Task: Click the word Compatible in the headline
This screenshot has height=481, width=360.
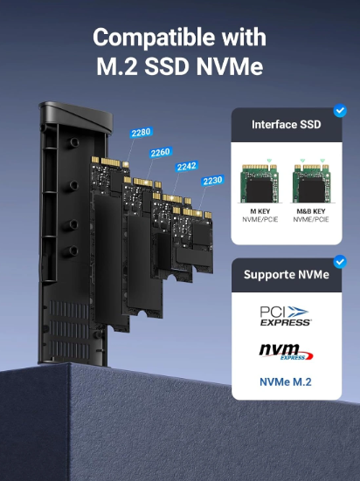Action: (x=154, y=38)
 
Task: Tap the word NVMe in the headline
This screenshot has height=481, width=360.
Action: (x=230, y=66)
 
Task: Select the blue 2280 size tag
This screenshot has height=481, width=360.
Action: (x=141, y=133)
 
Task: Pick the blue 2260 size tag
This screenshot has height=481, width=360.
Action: (x=161, y=152)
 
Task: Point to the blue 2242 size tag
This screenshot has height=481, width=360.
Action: (x=187, y=166)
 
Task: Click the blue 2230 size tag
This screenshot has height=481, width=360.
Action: (x=212, y=181)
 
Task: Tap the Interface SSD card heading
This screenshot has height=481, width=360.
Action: (x=287, y=125)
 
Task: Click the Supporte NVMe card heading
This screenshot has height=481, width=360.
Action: (x=287, y=275)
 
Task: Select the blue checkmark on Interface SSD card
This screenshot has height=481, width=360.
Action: (x=340, y=111)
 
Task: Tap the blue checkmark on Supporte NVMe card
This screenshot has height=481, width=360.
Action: (x=340, y=262)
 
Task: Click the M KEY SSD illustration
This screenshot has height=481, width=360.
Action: (x=260, y=183)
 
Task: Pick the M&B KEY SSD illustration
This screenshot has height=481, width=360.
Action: (x=311, y=183)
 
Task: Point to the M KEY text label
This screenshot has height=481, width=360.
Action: (x=260, y=211)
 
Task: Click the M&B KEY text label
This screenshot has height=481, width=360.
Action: (x=311, y=211)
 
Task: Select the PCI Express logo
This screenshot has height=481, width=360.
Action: (x=285, y=316)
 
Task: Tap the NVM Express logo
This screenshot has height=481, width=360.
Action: (x=286, y=352)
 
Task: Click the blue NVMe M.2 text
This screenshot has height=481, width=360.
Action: (x=286, y=382)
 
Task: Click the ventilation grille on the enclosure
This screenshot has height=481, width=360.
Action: (x=69, y=330)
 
